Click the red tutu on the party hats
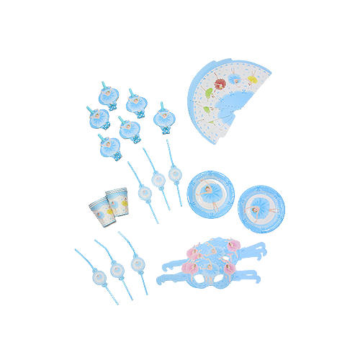(x=220, y=84)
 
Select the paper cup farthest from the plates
(x=101, y=210)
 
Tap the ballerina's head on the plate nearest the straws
(x=209, y=189)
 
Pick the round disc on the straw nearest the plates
(x=174, y=174)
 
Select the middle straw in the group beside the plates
(x=158, y=180)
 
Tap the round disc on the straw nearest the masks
(x=138, y=264)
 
